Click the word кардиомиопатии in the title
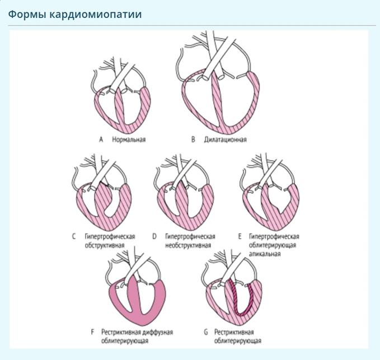[x=87, y=14]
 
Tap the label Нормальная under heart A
[x=128, y=139]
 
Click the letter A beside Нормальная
[x=101, y=139]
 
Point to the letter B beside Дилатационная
[x=193, y=139]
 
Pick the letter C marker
[x=73, y=236]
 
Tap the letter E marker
[x=239, y=236]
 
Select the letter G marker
[x=206, y=332]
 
